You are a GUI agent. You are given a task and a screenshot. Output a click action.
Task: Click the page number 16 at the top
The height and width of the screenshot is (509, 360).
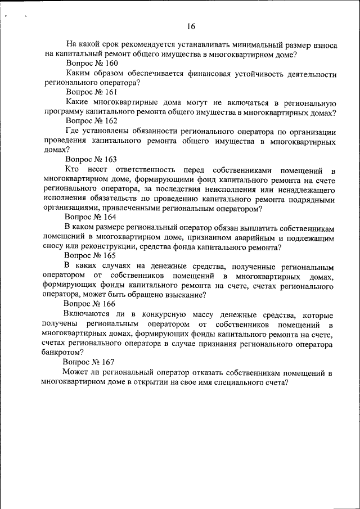[191, 26]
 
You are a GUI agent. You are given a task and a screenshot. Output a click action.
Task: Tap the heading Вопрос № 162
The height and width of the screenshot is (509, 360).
[91, 121]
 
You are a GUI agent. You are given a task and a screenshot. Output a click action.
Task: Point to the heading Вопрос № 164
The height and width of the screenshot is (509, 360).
[91, 217]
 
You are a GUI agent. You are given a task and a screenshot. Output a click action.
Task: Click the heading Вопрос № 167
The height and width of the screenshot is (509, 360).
[89, 361]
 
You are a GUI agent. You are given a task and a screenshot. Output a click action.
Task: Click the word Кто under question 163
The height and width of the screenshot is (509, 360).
[71, 169]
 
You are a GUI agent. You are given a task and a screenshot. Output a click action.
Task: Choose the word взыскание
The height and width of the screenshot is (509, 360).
[181, 294]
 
